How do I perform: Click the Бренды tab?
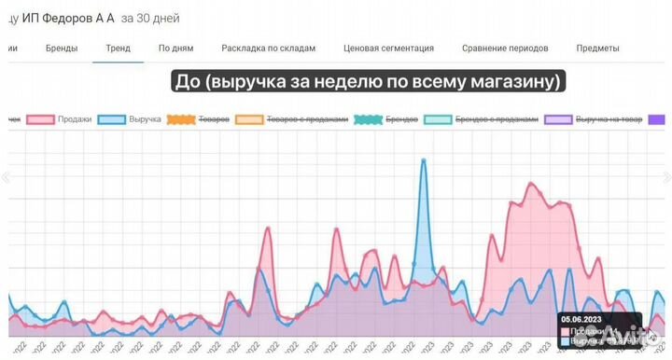[62, 48]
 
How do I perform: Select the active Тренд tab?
[118, 48]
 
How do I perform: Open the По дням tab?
[175, 48]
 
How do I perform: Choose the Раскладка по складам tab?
[268, 48]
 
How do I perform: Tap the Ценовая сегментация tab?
[388, 48]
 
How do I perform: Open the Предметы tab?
[597, 48]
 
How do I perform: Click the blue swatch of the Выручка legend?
[112, 119]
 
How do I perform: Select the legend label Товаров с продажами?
[307, 119]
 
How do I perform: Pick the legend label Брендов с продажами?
[497, 119]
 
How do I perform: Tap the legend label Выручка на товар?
[609, 119]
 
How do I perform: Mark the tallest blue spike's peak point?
[424, 159]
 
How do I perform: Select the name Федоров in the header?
[65, 18]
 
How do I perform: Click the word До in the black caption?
[189, 82]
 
